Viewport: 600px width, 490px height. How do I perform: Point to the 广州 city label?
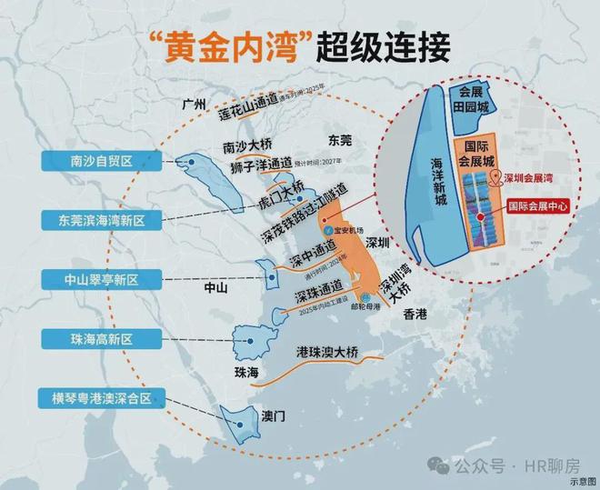coord(195,104)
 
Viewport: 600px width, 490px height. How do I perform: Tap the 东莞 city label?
coord(340,141)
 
